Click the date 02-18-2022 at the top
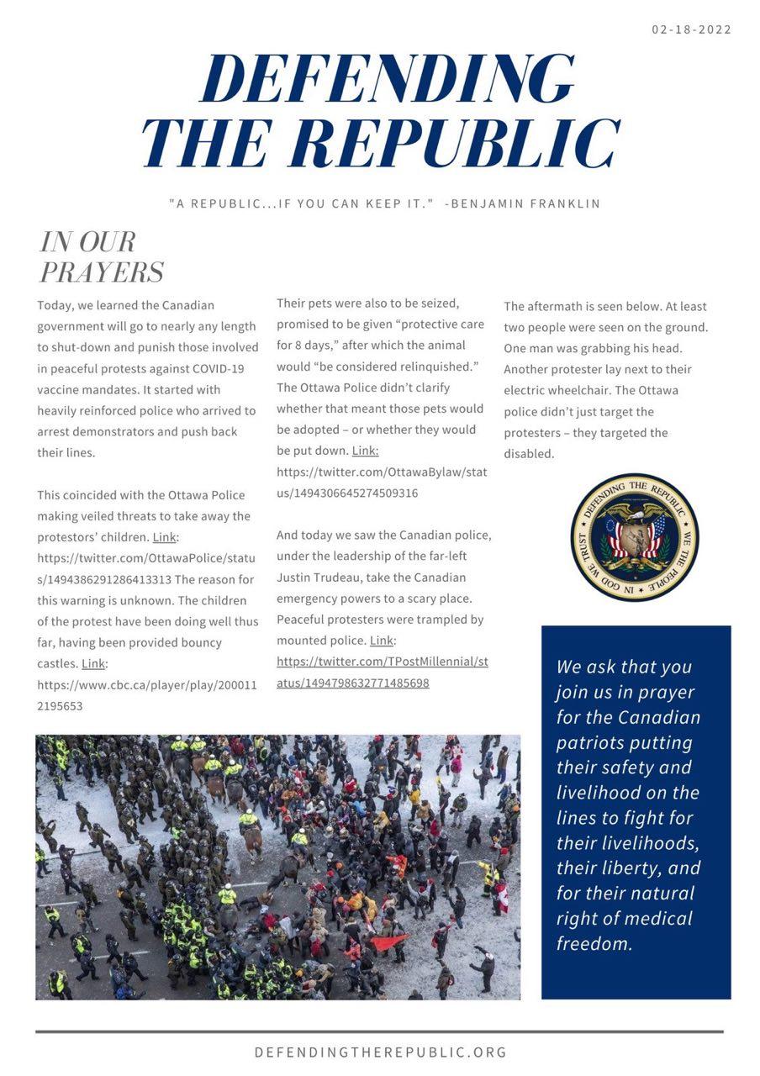(x=691, y=29)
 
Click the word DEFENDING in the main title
(x=388, y=81)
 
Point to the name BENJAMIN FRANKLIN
(x=525, y=203)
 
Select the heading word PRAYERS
(x=102, y=272)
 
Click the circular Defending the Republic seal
(x=635, y=536)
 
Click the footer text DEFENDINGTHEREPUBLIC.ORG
(x=380, y=1052)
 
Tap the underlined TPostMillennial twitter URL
(x=383, y=672)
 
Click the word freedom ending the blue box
(x=594, y=943)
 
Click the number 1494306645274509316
(x=356, y=493)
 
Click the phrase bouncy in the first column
(x=199, y=642)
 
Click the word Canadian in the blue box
(x=659, y=717)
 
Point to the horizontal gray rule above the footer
(x=379, y=1031)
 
